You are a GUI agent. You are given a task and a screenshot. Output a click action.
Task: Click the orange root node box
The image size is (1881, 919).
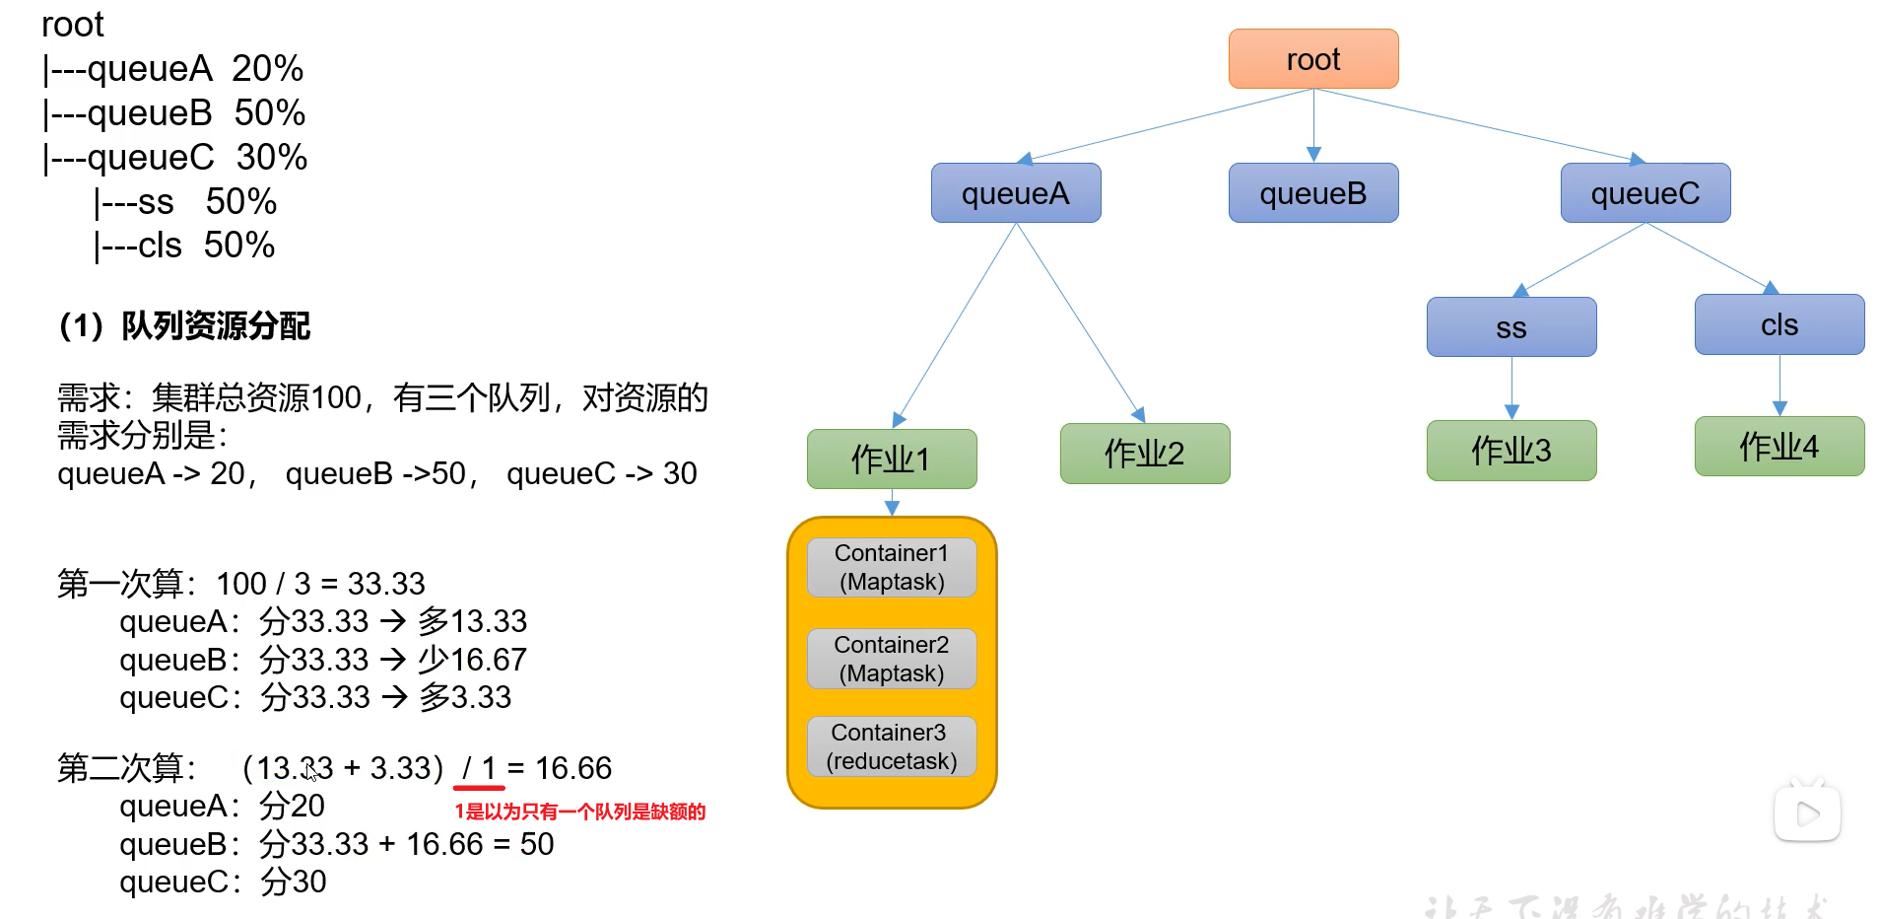[x=1312, y=59]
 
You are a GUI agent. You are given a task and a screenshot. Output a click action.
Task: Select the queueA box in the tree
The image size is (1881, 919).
[x=1015, y=193]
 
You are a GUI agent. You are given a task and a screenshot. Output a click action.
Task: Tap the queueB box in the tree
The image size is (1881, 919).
[x=1312, y=193]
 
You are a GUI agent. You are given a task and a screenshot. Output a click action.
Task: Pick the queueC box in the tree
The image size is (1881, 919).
[x=1645, y=193]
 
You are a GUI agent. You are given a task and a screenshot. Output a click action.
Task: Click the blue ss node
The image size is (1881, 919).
[x=1511, y=327]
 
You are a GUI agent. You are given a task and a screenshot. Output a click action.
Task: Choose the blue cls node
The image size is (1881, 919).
[x=1779, y=324]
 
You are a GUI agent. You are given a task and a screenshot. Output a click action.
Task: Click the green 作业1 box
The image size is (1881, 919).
[x=891, y=459]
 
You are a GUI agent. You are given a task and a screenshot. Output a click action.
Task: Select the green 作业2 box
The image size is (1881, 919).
[x=1144, y=454]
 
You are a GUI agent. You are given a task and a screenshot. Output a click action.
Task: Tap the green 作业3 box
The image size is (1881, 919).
[x=1511, y=451]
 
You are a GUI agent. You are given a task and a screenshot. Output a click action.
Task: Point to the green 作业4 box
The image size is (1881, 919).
[x=1779, y=447]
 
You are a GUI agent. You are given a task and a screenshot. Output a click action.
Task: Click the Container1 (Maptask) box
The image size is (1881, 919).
[x=891, y=567]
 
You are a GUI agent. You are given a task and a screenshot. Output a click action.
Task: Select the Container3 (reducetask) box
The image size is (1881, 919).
[x=891, y=746]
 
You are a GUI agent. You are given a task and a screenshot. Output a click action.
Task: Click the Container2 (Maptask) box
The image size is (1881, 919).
[x=891, y=659]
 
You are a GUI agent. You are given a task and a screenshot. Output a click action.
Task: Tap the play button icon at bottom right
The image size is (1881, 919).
[x=1807, y=814]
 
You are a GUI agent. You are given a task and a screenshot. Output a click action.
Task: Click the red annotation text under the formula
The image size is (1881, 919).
[x=579, y=812]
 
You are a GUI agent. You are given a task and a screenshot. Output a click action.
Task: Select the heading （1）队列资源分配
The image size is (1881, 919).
[x=184, y=325]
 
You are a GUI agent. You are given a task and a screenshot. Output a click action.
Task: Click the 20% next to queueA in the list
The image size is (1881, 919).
[x=267, y=69]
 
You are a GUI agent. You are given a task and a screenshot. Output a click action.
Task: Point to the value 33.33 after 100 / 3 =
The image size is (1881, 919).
[x=385, y=584]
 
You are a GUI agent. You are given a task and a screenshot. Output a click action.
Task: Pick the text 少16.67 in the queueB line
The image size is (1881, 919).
[x=472, y=660]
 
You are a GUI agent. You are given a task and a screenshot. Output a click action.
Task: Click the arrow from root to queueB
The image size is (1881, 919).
[x=1312, y=126]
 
